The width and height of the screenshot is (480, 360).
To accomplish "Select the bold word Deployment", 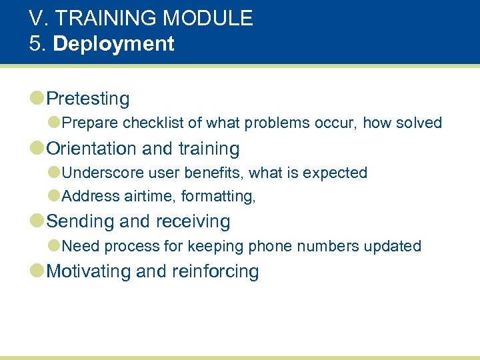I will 113,44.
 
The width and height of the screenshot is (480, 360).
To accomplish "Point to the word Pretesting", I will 88,99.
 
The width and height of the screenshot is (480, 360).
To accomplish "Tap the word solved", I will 419,123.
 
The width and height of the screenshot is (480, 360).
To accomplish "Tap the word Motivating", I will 89,271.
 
